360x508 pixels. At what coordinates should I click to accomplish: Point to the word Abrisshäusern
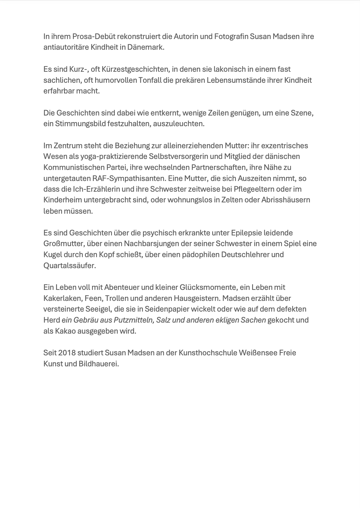click(285, 200)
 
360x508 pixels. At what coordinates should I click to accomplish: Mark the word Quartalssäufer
click(70, 266)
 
